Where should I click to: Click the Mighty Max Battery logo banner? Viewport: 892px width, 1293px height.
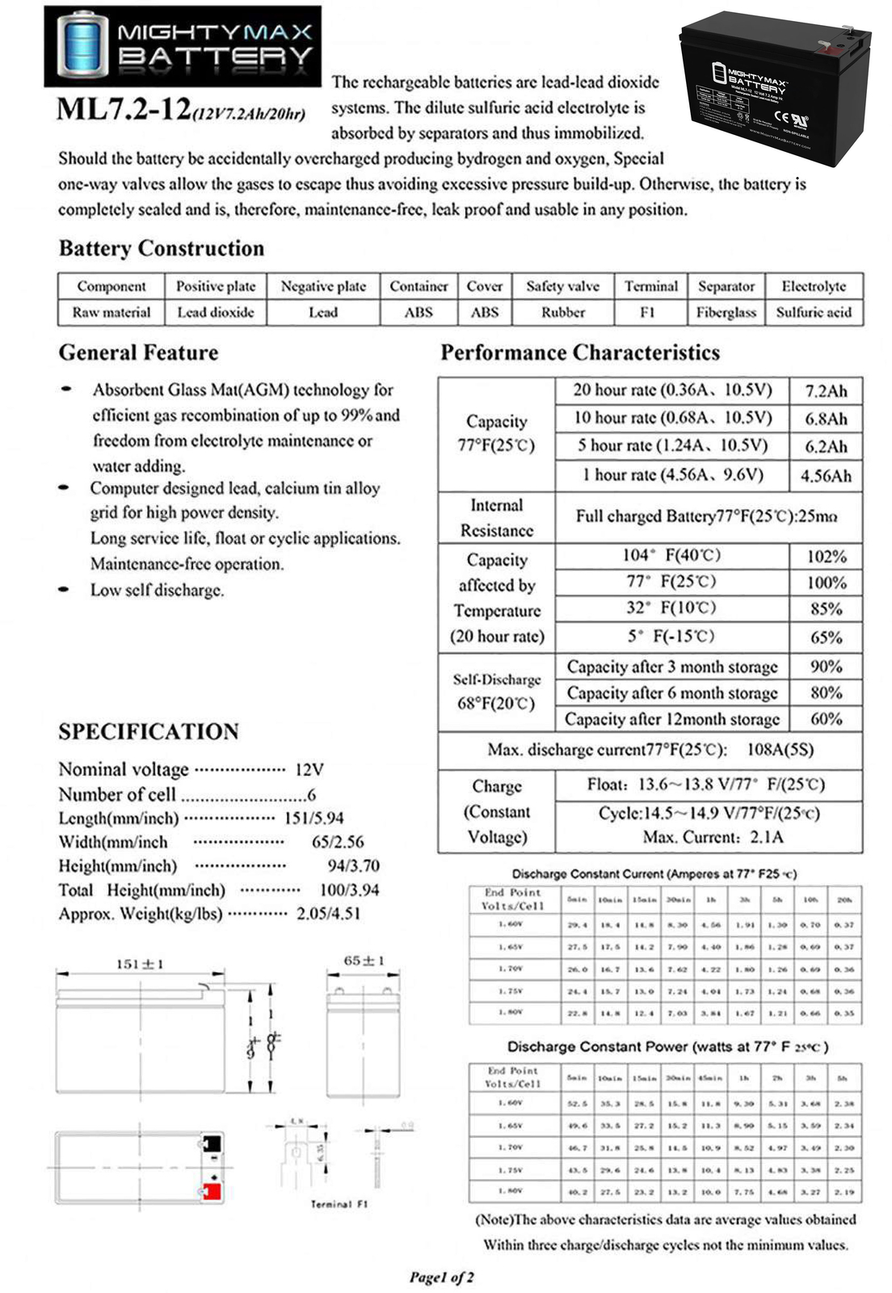[182, 46]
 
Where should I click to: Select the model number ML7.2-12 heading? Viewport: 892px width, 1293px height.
[124, 109]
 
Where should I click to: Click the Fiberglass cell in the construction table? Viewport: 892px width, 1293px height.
[726, 313]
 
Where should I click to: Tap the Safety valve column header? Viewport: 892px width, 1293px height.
[562, 286]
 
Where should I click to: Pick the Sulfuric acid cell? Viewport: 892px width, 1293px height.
[813, 313]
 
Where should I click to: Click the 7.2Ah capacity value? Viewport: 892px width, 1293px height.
[826, 391]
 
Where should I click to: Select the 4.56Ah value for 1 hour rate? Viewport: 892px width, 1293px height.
[826, 476]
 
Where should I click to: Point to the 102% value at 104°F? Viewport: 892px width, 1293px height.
[826, 557]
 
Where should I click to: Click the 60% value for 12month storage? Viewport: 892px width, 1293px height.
[826, 718]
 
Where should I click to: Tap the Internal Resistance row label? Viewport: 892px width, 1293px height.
[496, 518]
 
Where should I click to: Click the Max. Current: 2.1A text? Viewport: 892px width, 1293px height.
[713, 837]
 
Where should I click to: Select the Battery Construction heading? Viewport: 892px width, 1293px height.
[162, 248]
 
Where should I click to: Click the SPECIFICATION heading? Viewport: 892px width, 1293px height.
[149, 731]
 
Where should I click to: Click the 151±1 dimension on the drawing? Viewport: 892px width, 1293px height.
[140, 964]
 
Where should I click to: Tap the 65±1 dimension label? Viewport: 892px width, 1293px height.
[364, 961]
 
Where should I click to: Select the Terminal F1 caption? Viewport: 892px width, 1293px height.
[339, 1204]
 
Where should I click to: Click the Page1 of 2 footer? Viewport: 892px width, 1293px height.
[441, 1278]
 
